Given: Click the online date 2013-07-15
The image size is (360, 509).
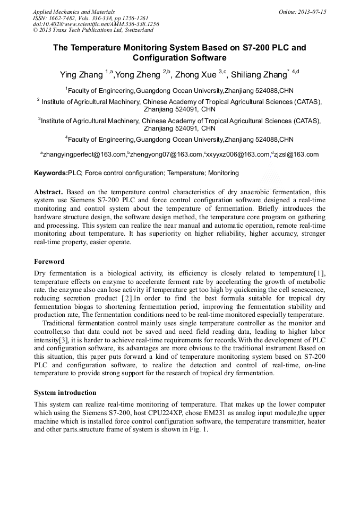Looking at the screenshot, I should [x=312, y=12].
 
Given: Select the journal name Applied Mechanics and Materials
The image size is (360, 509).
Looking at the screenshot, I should [x=74, y=12].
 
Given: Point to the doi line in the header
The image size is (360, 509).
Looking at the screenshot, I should [x=96, y=24].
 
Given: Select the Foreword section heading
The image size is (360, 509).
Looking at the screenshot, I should [x=49, y=262].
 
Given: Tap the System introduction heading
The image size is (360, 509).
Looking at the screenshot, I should [x=65, y=393].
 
